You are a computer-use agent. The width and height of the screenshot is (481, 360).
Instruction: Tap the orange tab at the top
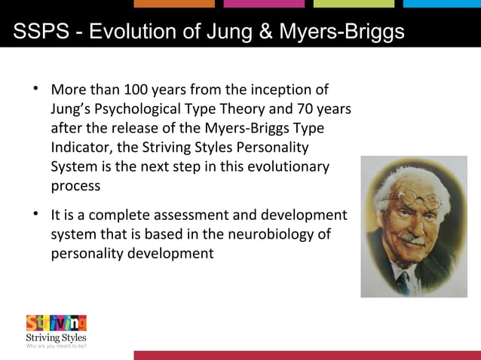click(x=173, y=4)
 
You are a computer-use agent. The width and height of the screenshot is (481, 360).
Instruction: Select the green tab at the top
click(x=354, y=4)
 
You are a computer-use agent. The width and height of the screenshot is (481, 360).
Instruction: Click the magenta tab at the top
click(x=264, y=4)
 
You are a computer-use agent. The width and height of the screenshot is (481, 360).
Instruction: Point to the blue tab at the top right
click(x=442, y=4)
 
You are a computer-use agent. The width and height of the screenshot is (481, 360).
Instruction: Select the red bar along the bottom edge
click(x=307, y=355)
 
